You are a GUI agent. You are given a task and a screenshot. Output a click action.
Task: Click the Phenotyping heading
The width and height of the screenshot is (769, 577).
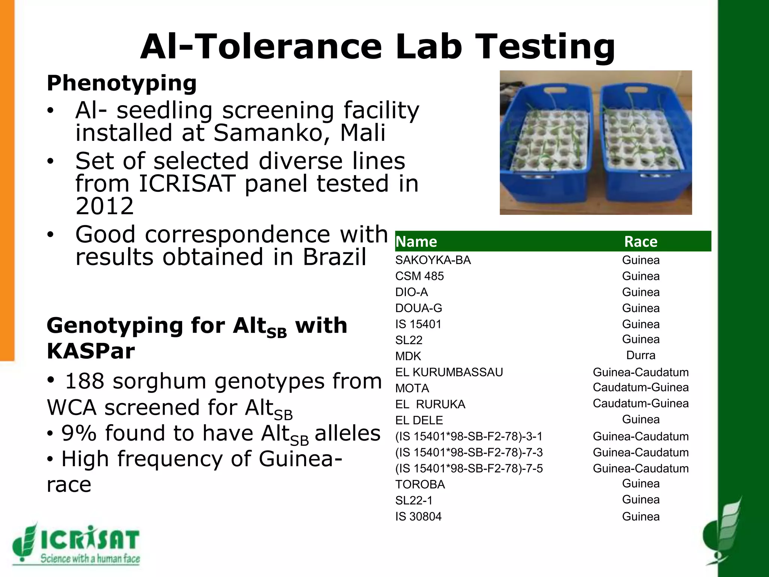[122, 83]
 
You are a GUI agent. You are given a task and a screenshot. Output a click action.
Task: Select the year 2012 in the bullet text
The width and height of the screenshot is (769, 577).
[104, 206]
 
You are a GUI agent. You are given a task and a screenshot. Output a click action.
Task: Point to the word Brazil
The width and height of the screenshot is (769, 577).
[334, 257]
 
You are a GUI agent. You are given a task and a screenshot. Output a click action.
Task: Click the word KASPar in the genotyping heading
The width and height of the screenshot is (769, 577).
[90, 351]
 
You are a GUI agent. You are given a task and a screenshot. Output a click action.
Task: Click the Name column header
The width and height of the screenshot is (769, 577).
[416, 242]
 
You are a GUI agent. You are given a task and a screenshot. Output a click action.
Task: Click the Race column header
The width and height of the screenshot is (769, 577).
[641, 242]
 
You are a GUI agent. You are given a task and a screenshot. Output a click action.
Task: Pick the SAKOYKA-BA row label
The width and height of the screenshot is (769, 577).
[433, 260]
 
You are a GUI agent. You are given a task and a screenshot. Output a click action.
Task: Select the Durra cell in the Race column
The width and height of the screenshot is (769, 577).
[641, 355]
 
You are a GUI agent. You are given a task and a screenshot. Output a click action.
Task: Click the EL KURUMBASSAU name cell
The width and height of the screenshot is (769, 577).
[449, 372]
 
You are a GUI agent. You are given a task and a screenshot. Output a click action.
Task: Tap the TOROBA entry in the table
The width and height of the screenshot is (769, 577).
[420, 485]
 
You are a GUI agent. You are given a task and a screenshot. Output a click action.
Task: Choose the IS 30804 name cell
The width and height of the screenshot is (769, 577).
[418, 517]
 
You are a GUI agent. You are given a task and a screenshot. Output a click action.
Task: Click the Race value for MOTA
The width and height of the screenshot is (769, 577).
[641, 387]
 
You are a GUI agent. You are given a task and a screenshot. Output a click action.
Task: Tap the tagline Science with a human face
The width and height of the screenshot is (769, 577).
[90, 559]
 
